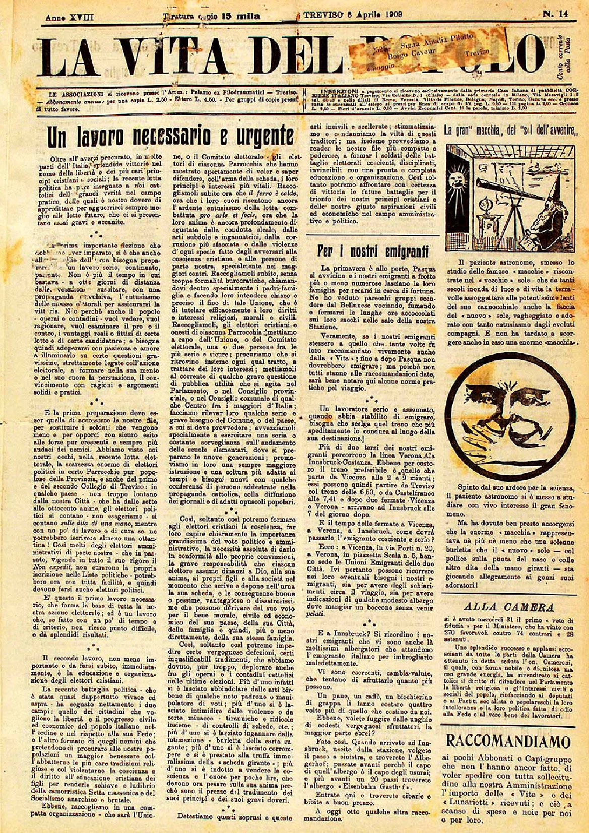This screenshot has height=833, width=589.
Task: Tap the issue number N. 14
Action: [x=555, y=15]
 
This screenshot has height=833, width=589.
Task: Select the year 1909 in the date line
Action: [x=388, y=15]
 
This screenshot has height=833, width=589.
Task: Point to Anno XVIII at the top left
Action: [x=70, y=17]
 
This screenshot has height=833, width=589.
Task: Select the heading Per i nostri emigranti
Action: [x=373, y=250]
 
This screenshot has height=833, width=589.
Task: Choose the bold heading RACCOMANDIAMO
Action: [x=509, y=741]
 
